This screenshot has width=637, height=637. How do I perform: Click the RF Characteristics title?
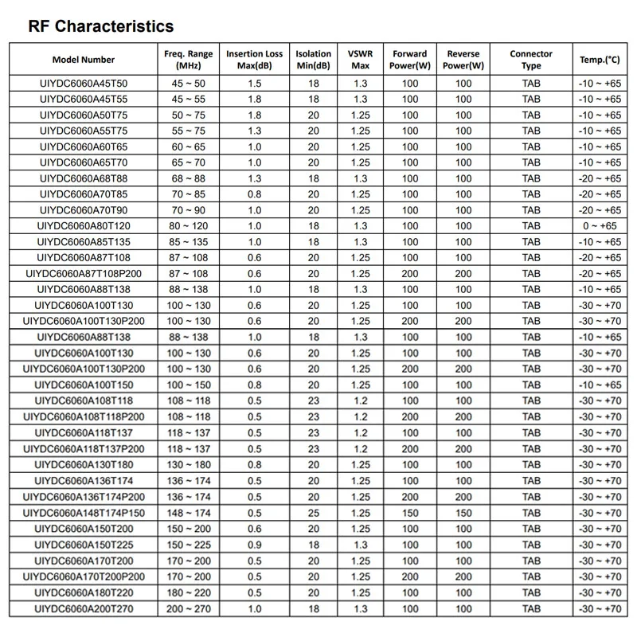101,26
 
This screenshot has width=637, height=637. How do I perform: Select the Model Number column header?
84,60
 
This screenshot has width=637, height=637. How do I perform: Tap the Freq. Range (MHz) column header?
189,60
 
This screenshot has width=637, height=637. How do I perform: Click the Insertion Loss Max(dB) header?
255,60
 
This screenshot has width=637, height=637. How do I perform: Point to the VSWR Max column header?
360,60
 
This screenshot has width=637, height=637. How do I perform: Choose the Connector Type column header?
531,60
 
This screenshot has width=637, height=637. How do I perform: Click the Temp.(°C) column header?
600,60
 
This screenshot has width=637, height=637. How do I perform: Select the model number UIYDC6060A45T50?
84,83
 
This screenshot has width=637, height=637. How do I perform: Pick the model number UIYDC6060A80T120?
84,226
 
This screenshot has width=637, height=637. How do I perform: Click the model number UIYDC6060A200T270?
84,608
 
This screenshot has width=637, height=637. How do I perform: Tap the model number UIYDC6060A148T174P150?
84,513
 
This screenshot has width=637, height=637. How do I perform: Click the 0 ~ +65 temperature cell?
600,226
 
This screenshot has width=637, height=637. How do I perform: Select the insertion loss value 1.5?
255,83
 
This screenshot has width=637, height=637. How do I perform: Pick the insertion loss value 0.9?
255,545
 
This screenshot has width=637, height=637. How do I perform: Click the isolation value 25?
314,513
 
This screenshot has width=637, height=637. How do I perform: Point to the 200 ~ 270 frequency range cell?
189,608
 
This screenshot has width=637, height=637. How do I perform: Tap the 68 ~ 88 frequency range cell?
189,178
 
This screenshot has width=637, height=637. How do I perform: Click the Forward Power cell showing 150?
410,513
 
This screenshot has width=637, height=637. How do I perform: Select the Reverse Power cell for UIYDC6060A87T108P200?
463,274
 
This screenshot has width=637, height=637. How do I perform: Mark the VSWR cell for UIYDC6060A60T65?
360,147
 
